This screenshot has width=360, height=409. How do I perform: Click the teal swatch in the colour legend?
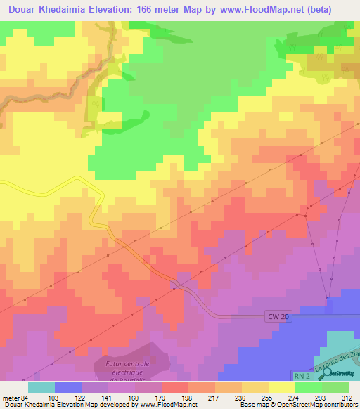41,387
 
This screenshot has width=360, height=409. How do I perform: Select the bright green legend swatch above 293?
308,387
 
